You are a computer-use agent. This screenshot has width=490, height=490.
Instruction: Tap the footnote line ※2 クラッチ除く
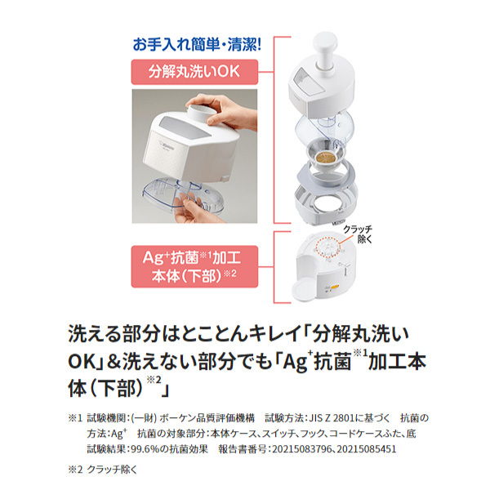pos(105,471)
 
